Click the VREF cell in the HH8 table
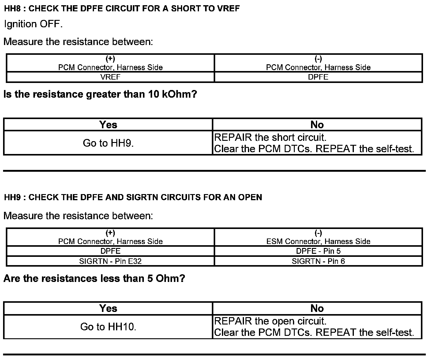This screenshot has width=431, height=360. click(x=110, y=77)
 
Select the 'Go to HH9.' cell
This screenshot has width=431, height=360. click(x=108, y=143)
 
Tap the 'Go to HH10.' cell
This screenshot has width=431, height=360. click(x=108, y=327)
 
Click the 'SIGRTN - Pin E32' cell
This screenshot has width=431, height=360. click(x=110, y=261)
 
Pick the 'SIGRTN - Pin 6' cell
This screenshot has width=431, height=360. click(x=318, y=261)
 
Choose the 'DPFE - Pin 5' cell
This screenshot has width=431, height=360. click(x=318, y=251)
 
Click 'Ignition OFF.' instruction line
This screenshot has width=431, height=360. click(x=33, y=24)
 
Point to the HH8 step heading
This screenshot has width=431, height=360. click(x=122, y=9)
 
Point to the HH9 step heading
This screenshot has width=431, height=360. click(x=133, y=197)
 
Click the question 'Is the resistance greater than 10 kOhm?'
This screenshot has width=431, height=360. click(x=100, y=94)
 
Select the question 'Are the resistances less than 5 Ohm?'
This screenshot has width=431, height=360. click(x=94, y=279)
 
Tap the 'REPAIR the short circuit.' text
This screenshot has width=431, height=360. click(x=271, y=137)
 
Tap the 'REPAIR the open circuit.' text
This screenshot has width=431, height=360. click(x=271, y=321)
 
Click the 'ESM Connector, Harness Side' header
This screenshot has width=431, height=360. click(x=318, y=242)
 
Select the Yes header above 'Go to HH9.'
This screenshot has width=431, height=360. click(x=108, y=125)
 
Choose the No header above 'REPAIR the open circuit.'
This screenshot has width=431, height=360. click(x=317, y=308)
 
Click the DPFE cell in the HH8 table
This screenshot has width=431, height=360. click(x=318, y=77)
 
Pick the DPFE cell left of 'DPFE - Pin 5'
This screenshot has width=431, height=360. click(x=110, y=251)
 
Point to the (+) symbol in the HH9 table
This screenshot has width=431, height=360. click(x=110, y=233)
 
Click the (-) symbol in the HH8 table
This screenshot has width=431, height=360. click(x=318, y=59)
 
